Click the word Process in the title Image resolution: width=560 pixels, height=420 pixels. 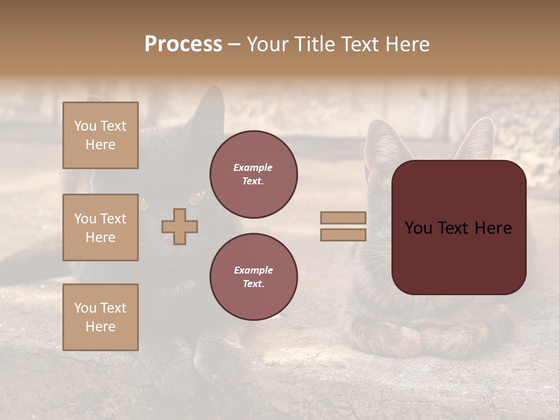183,44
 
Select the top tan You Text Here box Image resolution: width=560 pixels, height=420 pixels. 100,135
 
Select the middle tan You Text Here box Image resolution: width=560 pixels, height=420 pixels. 100,228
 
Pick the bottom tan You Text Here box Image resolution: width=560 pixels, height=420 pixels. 100,317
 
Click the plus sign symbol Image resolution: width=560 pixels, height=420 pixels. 180,226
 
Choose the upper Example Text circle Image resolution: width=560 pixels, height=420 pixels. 254,174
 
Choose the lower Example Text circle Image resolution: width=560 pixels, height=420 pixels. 254,277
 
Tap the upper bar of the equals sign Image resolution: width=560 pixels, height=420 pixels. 343,218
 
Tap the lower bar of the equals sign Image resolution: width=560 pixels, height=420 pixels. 343,235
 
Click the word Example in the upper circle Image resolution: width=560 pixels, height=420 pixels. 253,167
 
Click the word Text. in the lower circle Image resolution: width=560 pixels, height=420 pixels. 253,284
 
